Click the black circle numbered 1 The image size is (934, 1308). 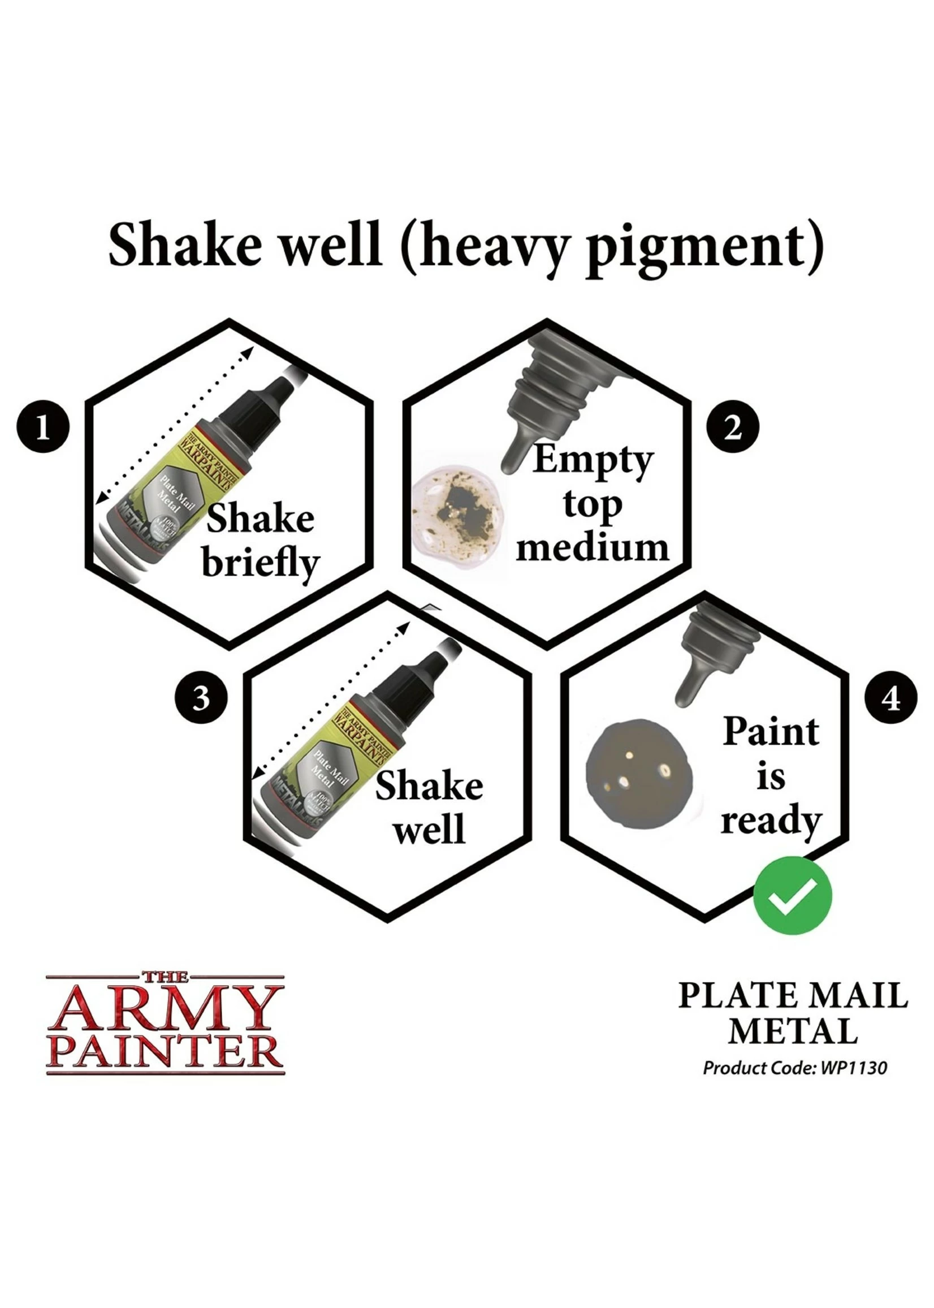[x=43, y=428]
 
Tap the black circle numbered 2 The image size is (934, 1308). [x=732, y=428]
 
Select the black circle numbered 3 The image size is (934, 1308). [x=201, y=700]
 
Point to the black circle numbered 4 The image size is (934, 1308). [x=891, y=700]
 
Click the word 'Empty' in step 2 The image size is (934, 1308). [x=593, y=462]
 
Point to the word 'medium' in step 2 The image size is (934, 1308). [x=593, y=547]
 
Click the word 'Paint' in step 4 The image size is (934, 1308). [x=771, y=732]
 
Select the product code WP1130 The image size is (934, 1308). [x=854, y=1068]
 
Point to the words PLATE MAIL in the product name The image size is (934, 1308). [x=793, y=996]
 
